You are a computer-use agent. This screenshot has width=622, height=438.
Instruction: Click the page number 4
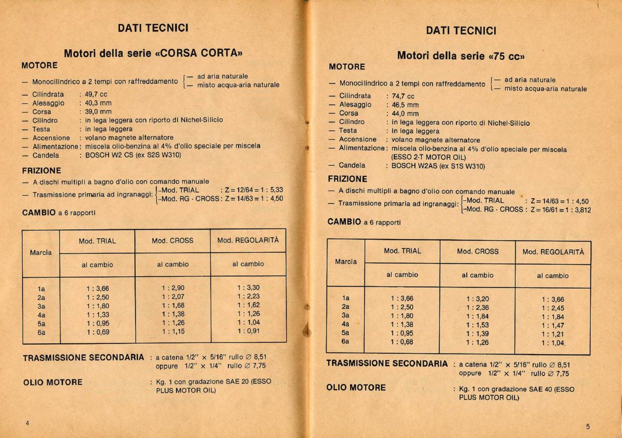point(27,423)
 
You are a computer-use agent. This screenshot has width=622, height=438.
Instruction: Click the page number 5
point(588,427)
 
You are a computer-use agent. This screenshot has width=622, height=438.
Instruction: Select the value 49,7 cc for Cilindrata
point(96,94)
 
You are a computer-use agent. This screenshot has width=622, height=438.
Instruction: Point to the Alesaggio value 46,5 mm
point(405,105)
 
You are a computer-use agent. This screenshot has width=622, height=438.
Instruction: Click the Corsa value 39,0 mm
point(98,111)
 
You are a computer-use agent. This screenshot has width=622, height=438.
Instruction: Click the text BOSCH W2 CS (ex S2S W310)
point(133,155)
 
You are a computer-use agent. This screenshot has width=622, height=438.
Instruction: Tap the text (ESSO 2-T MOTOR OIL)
point(428,158)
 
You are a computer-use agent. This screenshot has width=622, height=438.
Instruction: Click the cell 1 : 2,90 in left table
point(173,288)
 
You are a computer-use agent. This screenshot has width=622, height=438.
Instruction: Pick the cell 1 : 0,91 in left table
point(248,331)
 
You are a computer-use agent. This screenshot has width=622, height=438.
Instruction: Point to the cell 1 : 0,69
point(97,332)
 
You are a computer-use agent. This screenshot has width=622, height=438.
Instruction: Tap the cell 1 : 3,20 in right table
point(477,299)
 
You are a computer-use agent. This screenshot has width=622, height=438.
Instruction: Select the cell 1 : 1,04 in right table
point(553,343)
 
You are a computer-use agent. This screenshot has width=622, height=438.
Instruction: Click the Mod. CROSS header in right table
point(477,251)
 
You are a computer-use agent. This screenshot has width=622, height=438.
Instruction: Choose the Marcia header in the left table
point(41,252)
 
